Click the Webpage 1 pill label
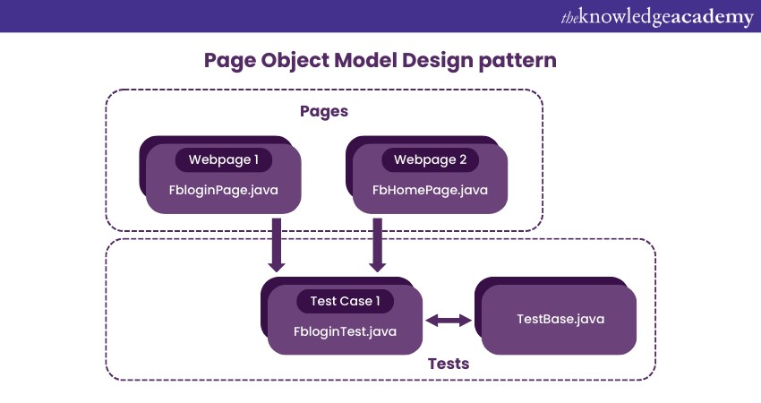point(225,160)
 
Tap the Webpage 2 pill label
point(430,160)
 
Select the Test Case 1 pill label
point(345,302)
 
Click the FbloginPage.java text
point(224,190)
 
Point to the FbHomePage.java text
point(430,190)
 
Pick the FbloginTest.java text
point(345,331)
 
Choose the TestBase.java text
point(559,319)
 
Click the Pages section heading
point(323,112)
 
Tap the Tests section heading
point(449,364)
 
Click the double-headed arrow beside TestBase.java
point(449,320)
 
